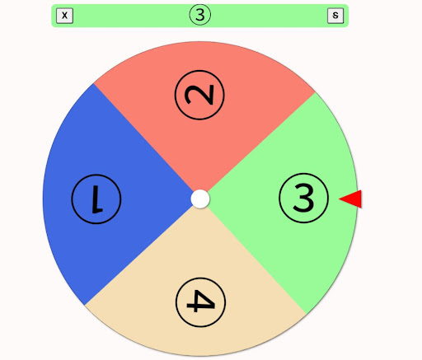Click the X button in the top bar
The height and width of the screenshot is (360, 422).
point(64,16)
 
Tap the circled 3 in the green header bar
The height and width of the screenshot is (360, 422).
point(200,15)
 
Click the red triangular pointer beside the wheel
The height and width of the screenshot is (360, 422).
point(350,199)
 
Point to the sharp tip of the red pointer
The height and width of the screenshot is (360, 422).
point(340,199)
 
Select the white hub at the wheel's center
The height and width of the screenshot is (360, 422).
point(200,199)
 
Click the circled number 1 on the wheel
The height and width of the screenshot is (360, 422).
point(96,199)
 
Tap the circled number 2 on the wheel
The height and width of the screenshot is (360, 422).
point(199,95)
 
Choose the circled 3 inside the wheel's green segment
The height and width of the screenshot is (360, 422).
point(303,198)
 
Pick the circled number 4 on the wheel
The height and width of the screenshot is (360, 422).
point(200,302)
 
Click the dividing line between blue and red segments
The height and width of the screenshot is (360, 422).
point(143,138)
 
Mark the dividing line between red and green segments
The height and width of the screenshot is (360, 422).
point(261,142)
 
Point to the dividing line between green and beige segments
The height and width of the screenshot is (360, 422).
point(257,260)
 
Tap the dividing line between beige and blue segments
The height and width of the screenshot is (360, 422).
point(139,255)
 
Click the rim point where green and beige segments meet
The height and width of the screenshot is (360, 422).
point(307,314)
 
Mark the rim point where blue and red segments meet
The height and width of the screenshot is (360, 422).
point(93,83)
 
